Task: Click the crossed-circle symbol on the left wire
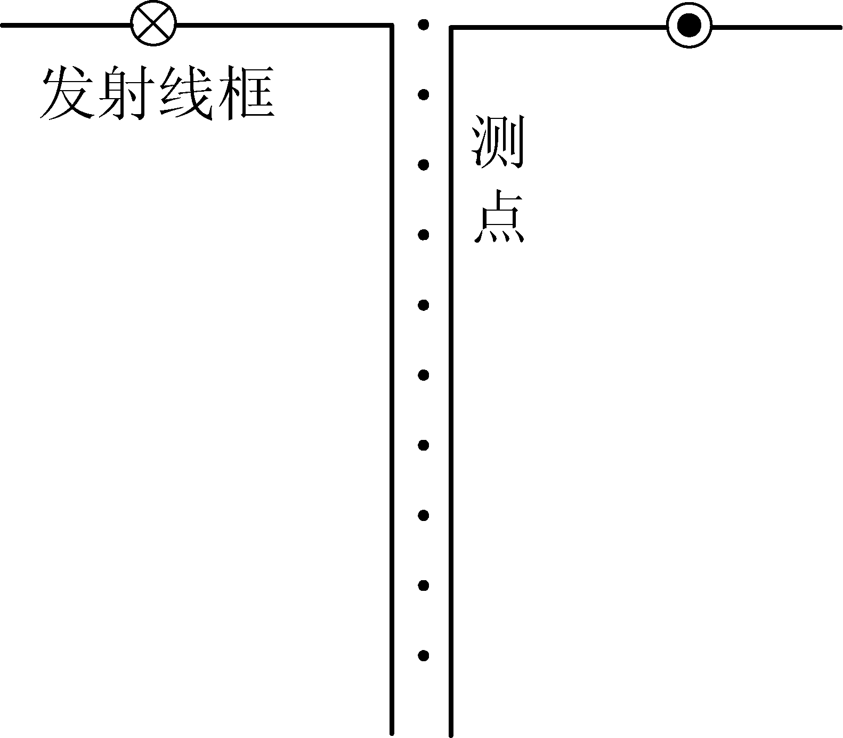pyautogui.click(x=154, y=25)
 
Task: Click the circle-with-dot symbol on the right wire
pyautogui.click(x=689, y=26)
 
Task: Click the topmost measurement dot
pyautogui.click(x=424, y=25)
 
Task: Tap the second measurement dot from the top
pyautogui.click(x=424, y=95)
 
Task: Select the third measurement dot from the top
pyautogui.click(x=424, y=165)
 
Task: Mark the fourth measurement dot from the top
pyautogui.click(x=424, y=235)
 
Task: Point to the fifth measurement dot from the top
pyautogui.click(x=424, y=305)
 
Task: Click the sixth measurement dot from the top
pyautogui.click(x=424, y=375)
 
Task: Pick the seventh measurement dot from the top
pyautogui.click(x=424, y=445)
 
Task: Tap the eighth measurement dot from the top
pyautogui.click(x=424, y=516)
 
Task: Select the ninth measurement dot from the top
pyautogui.click(x=424, y=586)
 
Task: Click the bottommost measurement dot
pyautogui.click(x=424, y=656)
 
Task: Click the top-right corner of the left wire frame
pyautogui.click(x=392, y=26)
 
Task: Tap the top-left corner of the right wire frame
pyautogui.click(x=451, y=27)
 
